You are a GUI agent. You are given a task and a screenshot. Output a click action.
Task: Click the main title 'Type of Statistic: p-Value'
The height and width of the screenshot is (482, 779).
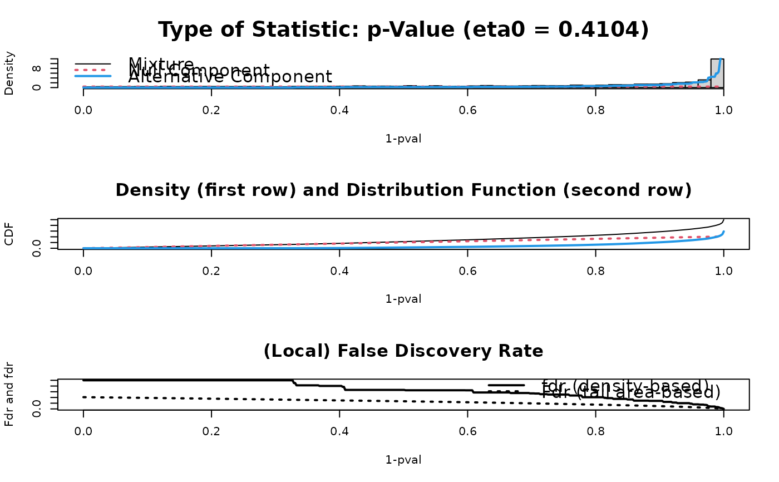click(403, 30)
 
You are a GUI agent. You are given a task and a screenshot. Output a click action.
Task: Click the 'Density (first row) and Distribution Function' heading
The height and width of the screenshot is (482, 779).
click(403, 190)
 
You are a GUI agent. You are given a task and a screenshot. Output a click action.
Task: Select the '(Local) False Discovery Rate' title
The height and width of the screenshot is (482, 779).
click(403, 351)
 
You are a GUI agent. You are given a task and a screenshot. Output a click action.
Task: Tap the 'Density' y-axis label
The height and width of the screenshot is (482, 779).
click(9, 73)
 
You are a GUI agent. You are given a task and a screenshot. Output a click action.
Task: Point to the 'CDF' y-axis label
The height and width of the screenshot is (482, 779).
click(9, 234)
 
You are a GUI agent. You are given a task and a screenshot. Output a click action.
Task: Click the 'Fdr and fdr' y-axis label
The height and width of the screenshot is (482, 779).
click(9, 395)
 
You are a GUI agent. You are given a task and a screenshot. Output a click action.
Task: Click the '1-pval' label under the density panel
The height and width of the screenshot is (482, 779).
click(403, 139)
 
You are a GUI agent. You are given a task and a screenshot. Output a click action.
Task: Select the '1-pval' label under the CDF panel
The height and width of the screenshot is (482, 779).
click(403, 299)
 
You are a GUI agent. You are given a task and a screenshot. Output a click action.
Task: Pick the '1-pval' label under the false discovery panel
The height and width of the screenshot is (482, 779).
click(403, 460)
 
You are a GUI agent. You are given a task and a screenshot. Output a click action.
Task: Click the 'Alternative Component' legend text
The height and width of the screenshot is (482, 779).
click(230, 77)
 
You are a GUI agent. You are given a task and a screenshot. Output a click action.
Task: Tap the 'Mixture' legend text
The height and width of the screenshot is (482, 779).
click(161, 64)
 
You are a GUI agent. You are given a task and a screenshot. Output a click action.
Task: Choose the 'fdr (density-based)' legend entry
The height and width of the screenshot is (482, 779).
click(625, 386)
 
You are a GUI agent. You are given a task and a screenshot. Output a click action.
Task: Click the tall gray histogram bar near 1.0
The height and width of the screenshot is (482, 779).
click(717, 72)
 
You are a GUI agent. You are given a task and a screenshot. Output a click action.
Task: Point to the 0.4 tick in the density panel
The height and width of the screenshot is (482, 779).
click(339, 110)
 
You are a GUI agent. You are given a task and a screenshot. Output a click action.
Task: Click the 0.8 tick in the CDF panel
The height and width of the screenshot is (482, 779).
click(595, 270)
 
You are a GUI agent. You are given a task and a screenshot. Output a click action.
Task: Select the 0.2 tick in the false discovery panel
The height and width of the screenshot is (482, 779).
click(211, 431)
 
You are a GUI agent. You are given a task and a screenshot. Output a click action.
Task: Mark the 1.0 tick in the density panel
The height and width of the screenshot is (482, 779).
click(723, 110)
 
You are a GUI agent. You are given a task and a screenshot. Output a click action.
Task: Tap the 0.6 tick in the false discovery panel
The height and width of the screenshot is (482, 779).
click(467, 431)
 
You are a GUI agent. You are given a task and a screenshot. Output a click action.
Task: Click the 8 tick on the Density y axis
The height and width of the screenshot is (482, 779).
click(37, 69)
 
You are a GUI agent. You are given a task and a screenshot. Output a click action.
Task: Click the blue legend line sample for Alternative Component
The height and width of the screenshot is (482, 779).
click(93, 76)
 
